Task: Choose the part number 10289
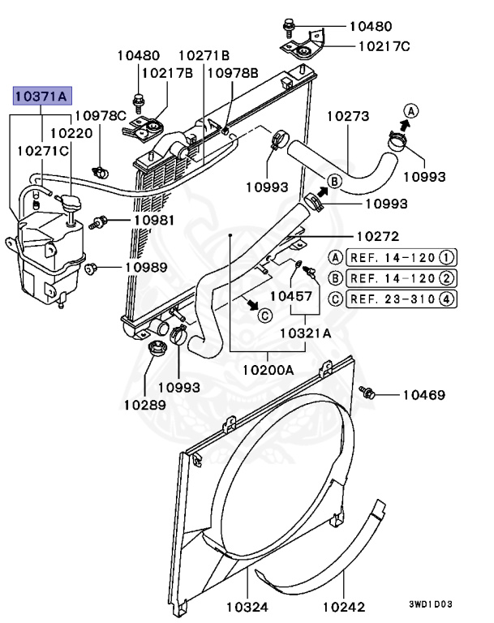point(144,403)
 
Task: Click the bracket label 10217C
point(384,46)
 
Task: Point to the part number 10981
point(155,220)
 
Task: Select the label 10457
point(291,296)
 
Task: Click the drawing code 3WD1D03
point(430,604)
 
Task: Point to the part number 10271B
point(204,55)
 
